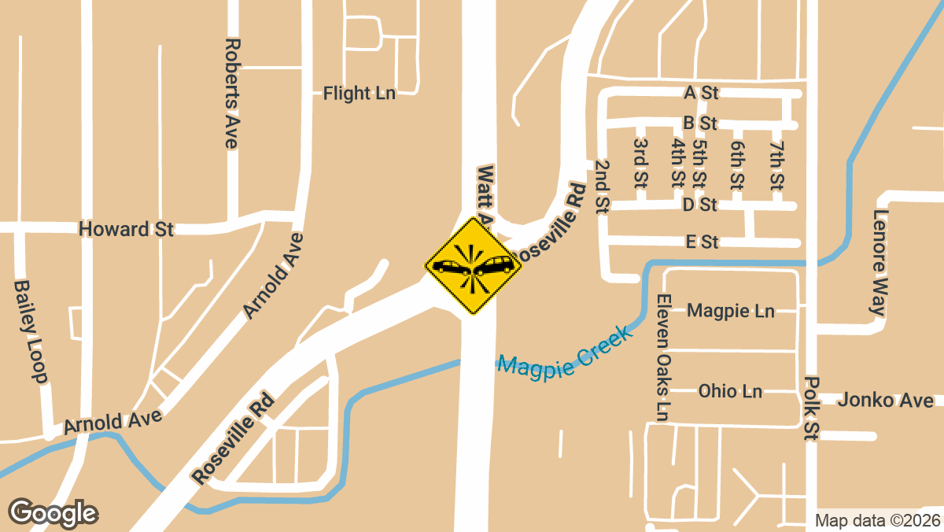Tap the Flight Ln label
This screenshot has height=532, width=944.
click(x=359, y=94)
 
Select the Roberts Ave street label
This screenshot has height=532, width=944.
click(x=231, y=93)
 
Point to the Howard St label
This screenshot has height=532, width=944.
click(x=126, y=229)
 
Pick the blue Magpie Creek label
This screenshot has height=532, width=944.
click(x=566, y=353)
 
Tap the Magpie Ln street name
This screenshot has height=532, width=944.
click(x=731, y=311)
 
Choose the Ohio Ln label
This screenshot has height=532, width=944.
click(x=730, y=391)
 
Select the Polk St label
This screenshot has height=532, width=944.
click(x=811, y=408)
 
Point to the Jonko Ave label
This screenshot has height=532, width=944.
click(x=885, y=400)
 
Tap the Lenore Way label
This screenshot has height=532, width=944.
click(x=879, y=263)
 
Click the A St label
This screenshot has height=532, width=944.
click(x=701, y=93)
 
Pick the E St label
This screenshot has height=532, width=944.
click(x=702, y=242)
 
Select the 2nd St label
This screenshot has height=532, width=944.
click(x=603, y=187)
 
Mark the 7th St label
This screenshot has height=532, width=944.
click(x=776, y=165)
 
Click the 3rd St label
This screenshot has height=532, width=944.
click(x=640, y=163)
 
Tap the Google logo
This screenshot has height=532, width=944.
click(x=53, y=512)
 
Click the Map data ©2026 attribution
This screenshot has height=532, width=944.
click(x=877, y=520)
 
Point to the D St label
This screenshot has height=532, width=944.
click(x=699, y=205)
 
